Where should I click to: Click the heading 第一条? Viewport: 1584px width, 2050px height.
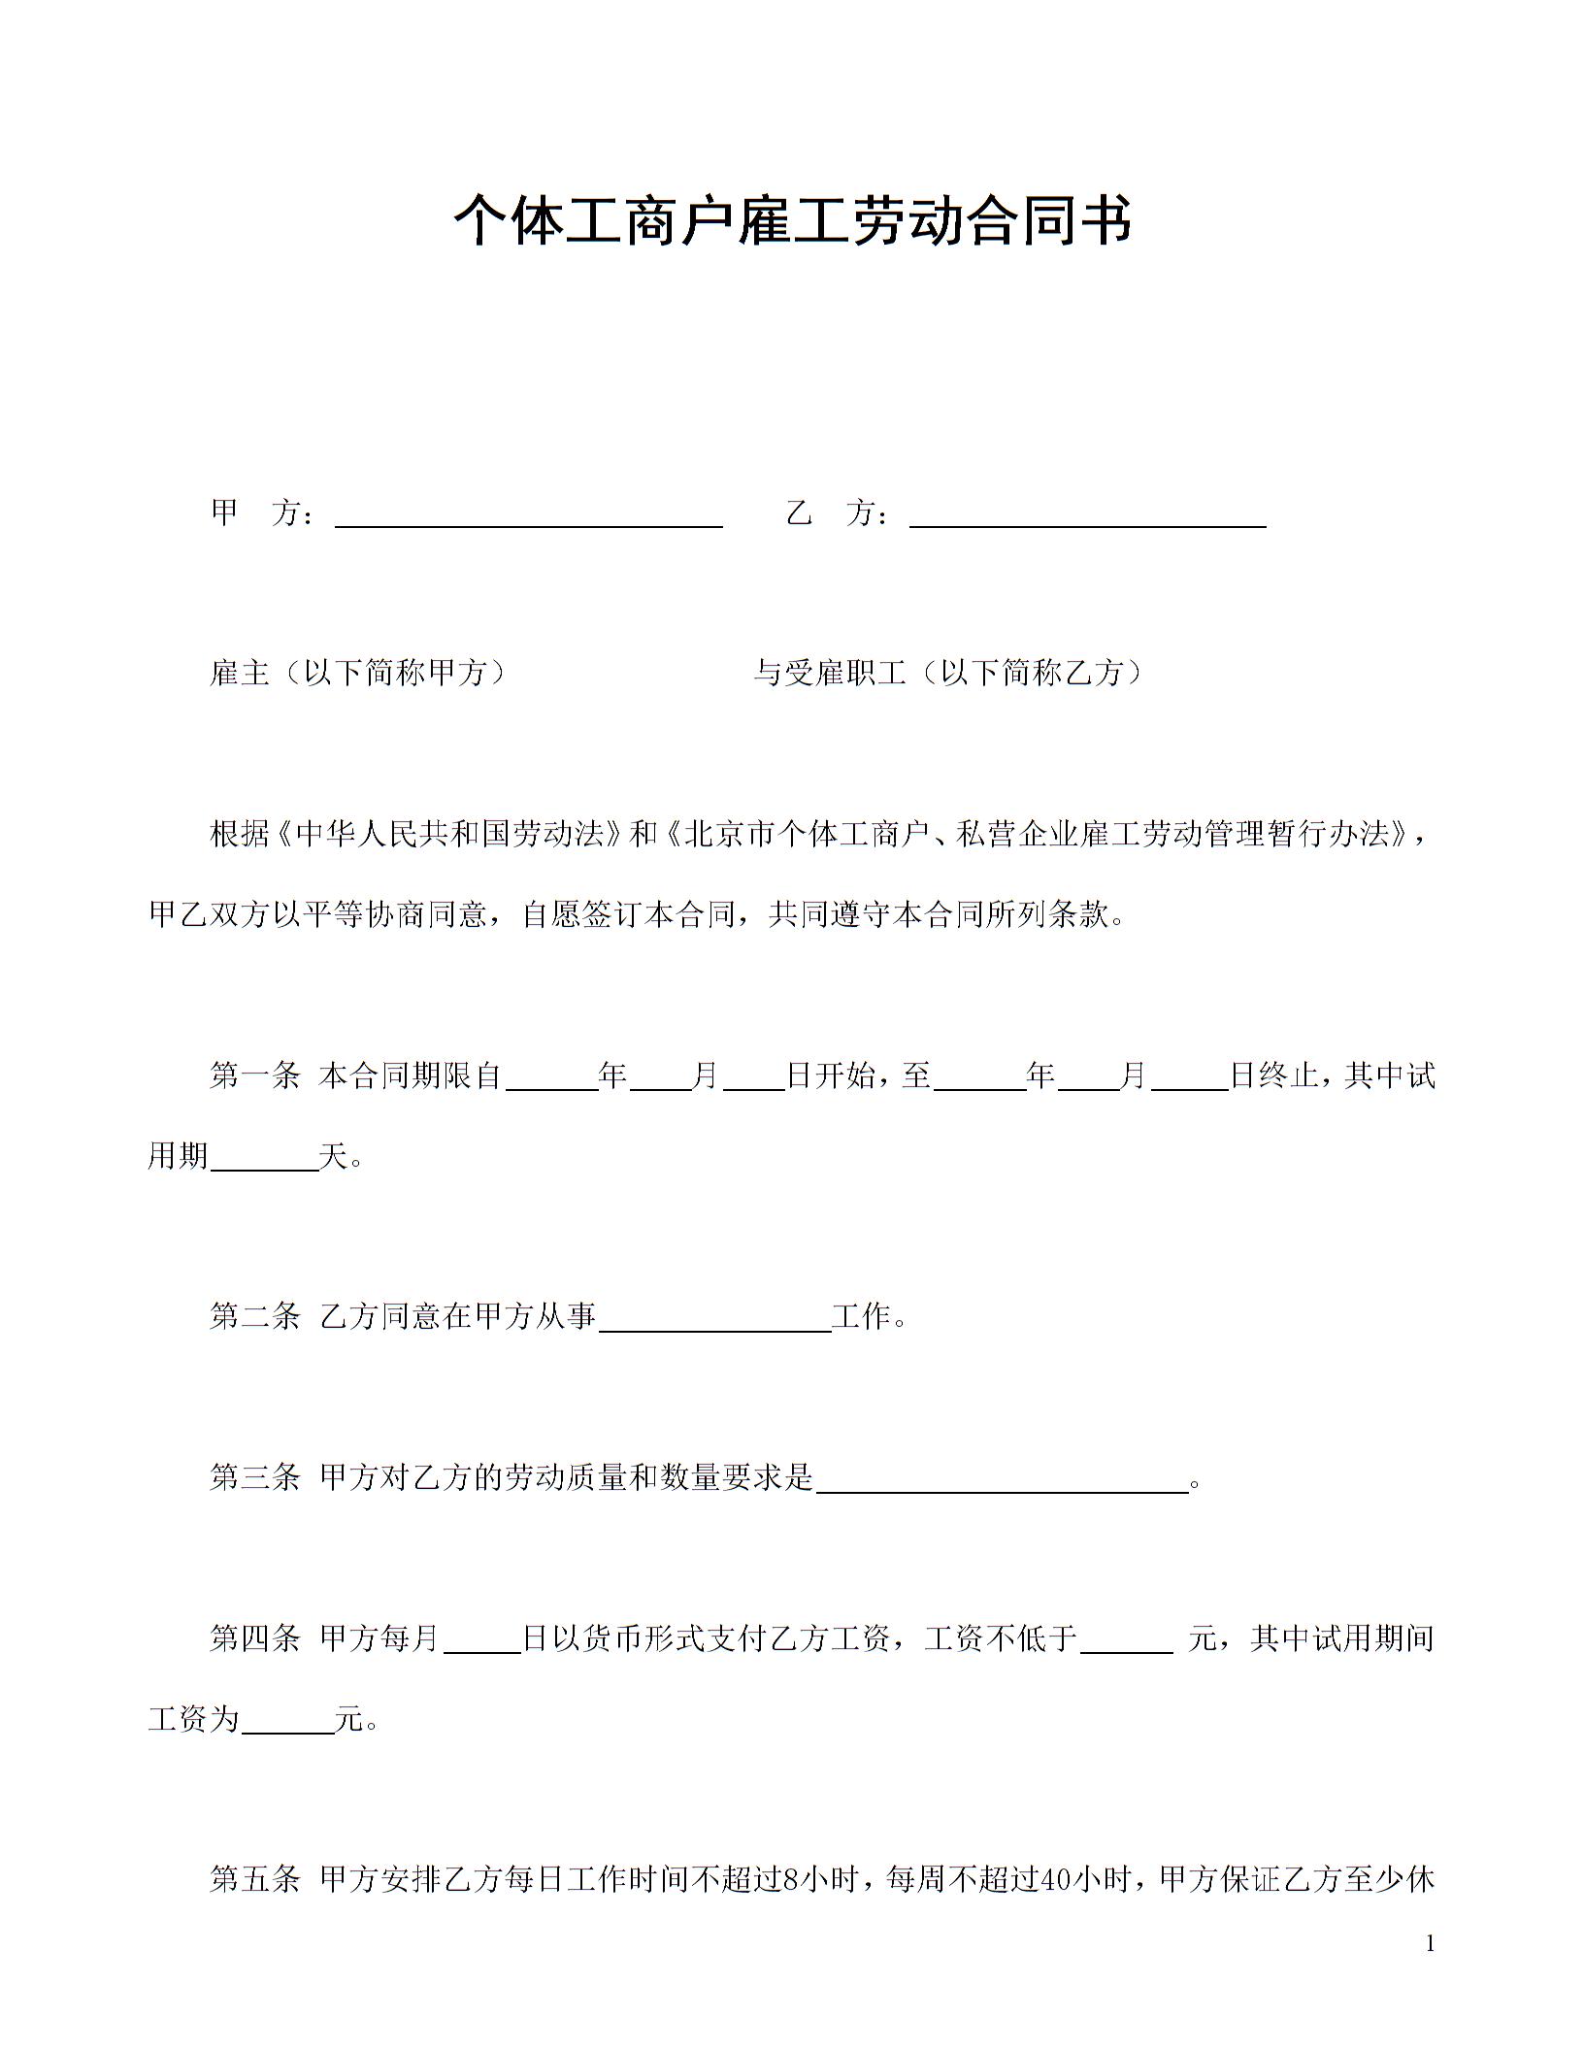[x=254, y=1076]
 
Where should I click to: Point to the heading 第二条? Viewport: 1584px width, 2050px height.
[x=254, y=1317]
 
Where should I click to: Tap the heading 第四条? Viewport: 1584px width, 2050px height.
[x=254, y=1639]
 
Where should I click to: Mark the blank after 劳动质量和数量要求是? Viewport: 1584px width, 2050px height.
[x=1003, y=1480]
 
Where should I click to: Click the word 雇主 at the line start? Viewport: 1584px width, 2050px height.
[x=239, y=673]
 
